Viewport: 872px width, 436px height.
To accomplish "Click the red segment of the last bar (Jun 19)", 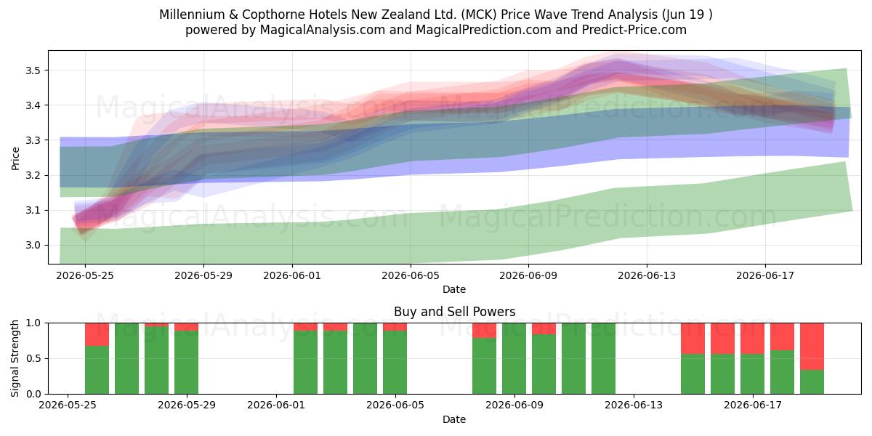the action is (812, 347).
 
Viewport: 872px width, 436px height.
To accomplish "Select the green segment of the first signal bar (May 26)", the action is (97, 370).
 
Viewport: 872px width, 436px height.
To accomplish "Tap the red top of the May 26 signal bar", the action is (97, 334).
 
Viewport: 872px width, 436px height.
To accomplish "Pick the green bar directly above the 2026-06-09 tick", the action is (514, 358).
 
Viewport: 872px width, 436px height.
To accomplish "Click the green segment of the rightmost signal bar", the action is (812, 382).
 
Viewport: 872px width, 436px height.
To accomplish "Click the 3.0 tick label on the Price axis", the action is (33, 246).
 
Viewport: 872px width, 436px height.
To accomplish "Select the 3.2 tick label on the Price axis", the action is (33, 175).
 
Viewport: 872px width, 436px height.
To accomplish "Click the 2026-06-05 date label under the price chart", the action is (411, 275).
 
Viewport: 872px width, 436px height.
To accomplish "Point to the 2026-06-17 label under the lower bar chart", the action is (753, 405).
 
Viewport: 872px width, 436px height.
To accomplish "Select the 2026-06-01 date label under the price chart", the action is (292, 275).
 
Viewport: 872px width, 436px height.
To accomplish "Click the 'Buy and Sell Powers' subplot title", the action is (454, 312).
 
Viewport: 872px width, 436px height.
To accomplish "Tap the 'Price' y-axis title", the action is (15, 158).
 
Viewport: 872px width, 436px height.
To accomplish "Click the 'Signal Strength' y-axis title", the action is (15, 358).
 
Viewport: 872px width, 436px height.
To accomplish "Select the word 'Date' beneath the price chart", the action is (454, 289).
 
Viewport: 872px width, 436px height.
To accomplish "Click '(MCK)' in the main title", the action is (479, 15).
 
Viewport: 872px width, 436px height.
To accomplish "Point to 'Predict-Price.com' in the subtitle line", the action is (634, 30).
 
